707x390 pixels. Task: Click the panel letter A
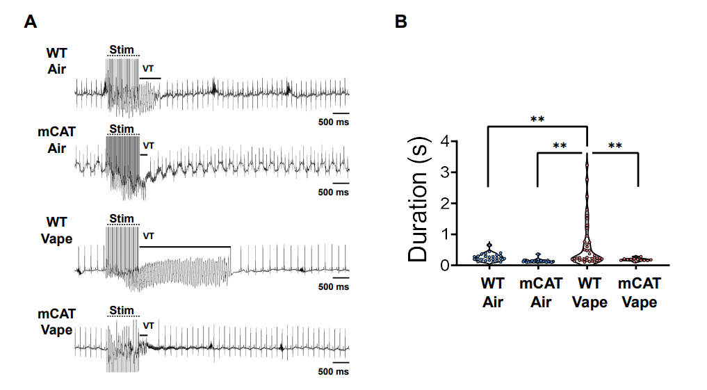30,22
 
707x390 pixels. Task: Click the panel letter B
401,22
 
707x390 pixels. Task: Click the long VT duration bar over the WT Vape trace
185,246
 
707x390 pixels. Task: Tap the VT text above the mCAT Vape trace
148,325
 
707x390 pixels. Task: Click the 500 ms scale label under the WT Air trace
334,122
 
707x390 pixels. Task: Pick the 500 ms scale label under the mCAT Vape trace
334,372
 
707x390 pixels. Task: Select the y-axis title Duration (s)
418,202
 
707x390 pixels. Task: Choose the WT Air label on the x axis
491,293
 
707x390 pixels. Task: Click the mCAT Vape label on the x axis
638,293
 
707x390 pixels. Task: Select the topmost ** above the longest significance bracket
537,119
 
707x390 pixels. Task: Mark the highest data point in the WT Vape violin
587,165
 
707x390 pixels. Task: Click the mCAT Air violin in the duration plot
538,260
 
